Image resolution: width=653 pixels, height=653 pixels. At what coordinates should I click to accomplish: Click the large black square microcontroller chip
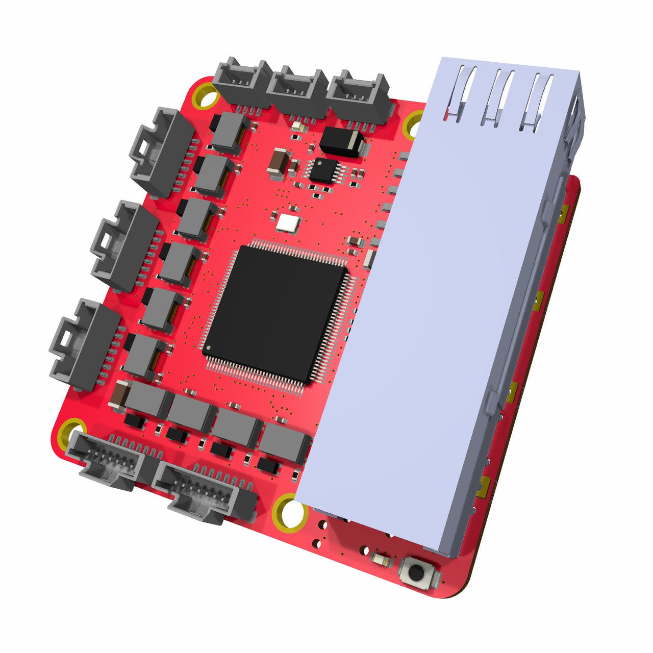click(275, 314)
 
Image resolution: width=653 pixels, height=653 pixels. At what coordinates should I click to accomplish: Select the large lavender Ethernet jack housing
click(434, 306)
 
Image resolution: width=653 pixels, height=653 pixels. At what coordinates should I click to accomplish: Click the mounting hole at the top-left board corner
click(206, 97)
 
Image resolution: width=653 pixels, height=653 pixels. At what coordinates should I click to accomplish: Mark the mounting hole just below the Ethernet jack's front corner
click(290, 512)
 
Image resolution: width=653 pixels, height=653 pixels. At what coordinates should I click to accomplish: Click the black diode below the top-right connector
click(342, 141)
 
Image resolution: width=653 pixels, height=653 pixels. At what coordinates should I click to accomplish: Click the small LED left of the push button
click(382, 560)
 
